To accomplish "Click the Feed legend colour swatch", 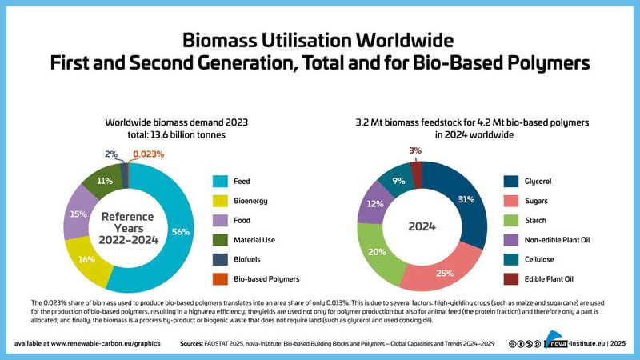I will [218, 182].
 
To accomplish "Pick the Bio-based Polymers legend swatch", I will [218, 279].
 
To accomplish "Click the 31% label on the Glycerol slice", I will [457, 200].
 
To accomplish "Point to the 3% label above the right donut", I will [415, 150].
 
